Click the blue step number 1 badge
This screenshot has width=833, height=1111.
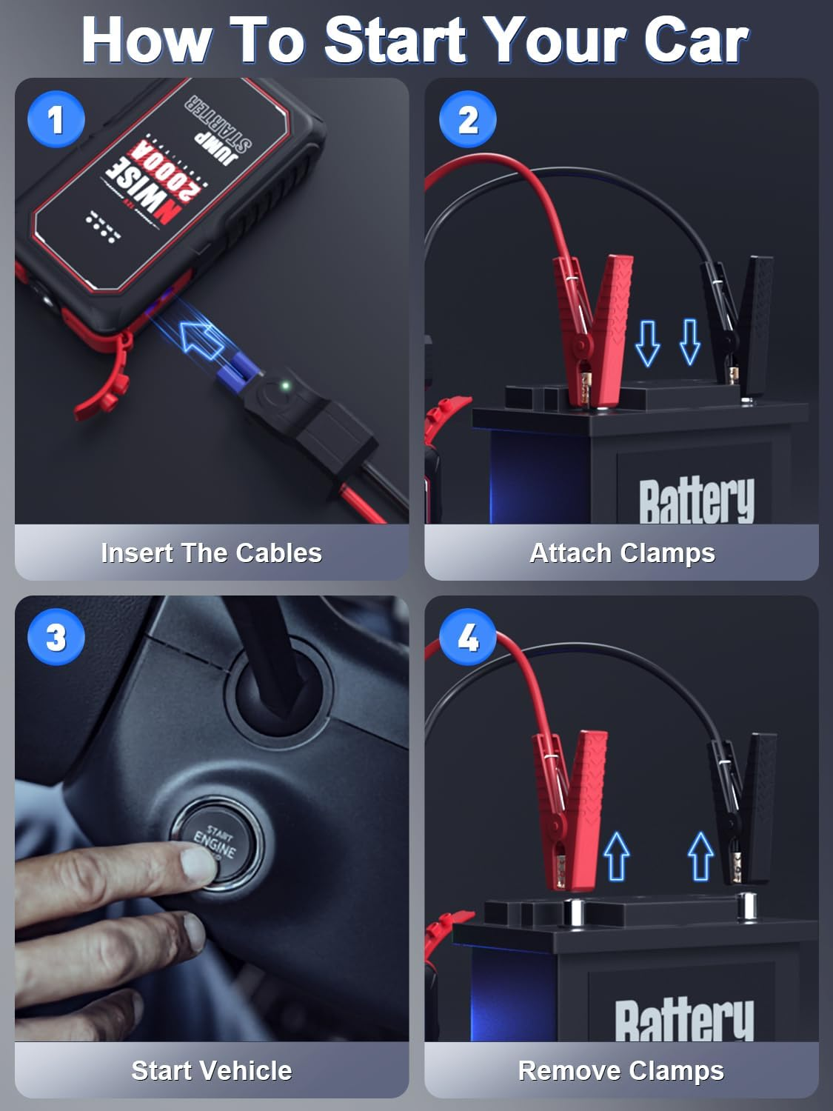(x=56, y=119)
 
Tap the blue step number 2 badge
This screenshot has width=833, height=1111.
(x=467, y=119)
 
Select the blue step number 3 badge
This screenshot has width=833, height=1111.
(x=56, y=637)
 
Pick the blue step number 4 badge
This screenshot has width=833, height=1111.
(x=467, y=637)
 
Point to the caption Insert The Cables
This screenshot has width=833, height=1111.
(x=211, y=553)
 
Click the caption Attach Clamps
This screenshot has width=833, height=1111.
(x=622, y=553)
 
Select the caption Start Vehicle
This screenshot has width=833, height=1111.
(x=211, y=1070)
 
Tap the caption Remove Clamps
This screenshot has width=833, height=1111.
(x=620, y=1070)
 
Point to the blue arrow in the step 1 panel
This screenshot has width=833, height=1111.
(x=204, y=338)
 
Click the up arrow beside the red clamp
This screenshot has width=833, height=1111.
(x=616, y=855)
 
